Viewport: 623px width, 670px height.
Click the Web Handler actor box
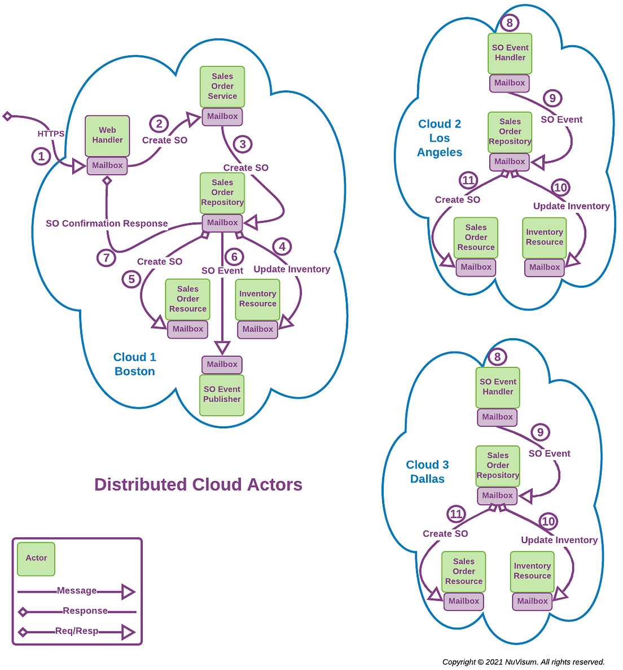tap(107, 135)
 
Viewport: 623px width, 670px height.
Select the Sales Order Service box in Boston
tap(222, 86)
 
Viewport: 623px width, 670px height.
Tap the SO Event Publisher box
tap(222, 395)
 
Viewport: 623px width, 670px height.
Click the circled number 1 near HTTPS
tap(41, 156)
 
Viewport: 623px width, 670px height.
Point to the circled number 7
tap(106, 258)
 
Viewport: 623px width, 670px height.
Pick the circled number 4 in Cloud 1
tap(282, 246)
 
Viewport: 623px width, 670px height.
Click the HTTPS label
tap(51, 134)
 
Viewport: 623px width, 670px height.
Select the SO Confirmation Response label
tap(107, 224)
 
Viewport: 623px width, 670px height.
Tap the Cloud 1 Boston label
tap(134, 364)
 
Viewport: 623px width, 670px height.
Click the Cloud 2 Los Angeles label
tap(440, 138)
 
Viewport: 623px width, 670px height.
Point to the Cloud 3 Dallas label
tap(427, 472)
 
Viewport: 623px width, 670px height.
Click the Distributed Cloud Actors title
tap(198, 485)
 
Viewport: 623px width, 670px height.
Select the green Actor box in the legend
tap(36, 558)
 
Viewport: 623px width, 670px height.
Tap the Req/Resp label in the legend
tap(77, 631)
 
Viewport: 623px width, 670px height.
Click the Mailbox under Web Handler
tap(107, 165)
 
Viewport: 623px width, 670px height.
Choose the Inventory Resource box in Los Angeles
tap(545, 238)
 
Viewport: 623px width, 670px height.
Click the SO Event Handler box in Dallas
tap(498, 387)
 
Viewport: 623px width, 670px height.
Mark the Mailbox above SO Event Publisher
tap(222, 365)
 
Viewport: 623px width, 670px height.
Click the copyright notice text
tap(523, 662)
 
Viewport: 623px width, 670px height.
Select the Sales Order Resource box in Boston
tap(188, 299)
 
